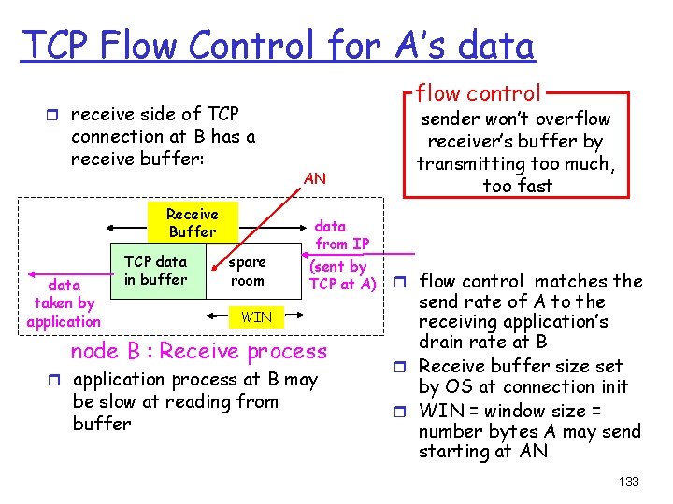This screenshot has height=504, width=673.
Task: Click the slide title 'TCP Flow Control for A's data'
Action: point(279,44)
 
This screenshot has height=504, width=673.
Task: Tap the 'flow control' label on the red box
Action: point(478,92)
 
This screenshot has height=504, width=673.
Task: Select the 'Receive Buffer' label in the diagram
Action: point(192,223)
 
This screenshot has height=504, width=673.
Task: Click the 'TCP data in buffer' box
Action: point(155,271)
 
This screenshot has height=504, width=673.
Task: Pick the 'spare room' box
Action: point(247,272)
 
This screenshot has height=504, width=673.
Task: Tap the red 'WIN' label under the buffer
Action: point(256,317)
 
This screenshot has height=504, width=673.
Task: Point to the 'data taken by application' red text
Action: point(64,303)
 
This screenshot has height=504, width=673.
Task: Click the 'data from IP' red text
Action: point(342,234)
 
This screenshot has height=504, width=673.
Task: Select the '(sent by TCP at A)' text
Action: point(342,275)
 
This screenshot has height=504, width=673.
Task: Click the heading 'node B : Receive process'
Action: point(199,351)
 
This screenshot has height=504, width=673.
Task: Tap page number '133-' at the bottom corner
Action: point(631,482)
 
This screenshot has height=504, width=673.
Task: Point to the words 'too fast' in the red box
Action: point(517,186)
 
